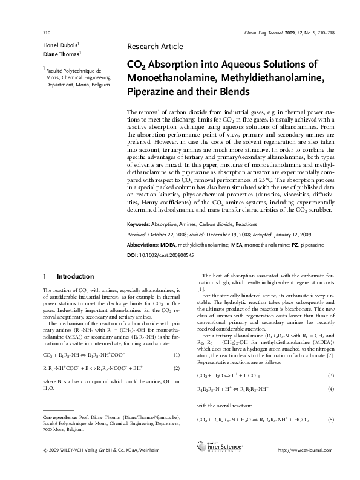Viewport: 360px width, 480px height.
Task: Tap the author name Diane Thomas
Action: click(x=53, y=54)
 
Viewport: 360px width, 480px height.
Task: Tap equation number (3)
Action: click(x=330, y=375)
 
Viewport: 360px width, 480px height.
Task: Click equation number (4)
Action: click(x=330, y=389)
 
